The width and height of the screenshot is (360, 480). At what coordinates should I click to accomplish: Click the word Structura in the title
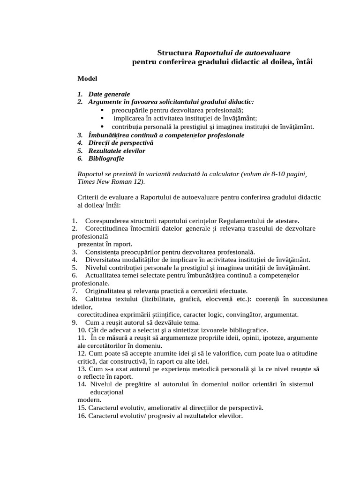(175, 53)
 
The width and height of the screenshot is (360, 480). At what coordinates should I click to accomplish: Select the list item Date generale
(109, 94)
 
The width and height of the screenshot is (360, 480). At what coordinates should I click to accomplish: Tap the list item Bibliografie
(106, 158)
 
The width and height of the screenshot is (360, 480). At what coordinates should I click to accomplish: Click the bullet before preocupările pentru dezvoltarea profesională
(102, 110)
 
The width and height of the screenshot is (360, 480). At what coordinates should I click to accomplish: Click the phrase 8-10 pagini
(286, 174)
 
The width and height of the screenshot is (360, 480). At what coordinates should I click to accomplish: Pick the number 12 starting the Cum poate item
(82, 353)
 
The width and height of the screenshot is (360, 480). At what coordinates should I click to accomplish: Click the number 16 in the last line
(82, 416)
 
